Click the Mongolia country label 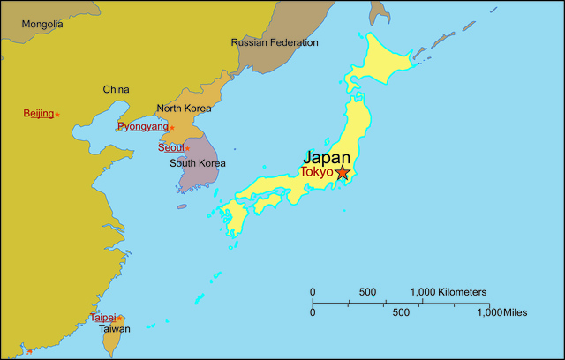click(42, 24)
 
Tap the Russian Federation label click(275, 42)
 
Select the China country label click(116, 89)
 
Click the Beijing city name click(39, 113)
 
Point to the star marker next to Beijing click(57, 115)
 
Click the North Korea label click(184, 109)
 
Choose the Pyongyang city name click(141, 127)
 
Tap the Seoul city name click(170, 147)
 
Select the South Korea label click(198, 163)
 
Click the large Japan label click(327, 157)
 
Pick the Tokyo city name click(316, 172)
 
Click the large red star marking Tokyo click(343, 173)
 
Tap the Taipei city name click(102, 317)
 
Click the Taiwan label click(114, 329)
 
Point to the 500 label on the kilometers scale click(367, 292)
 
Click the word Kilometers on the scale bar click(462, 292)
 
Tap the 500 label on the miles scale click(401, 312)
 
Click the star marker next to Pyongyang click(172, 128)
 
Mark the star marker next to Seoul click(187, 148)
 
